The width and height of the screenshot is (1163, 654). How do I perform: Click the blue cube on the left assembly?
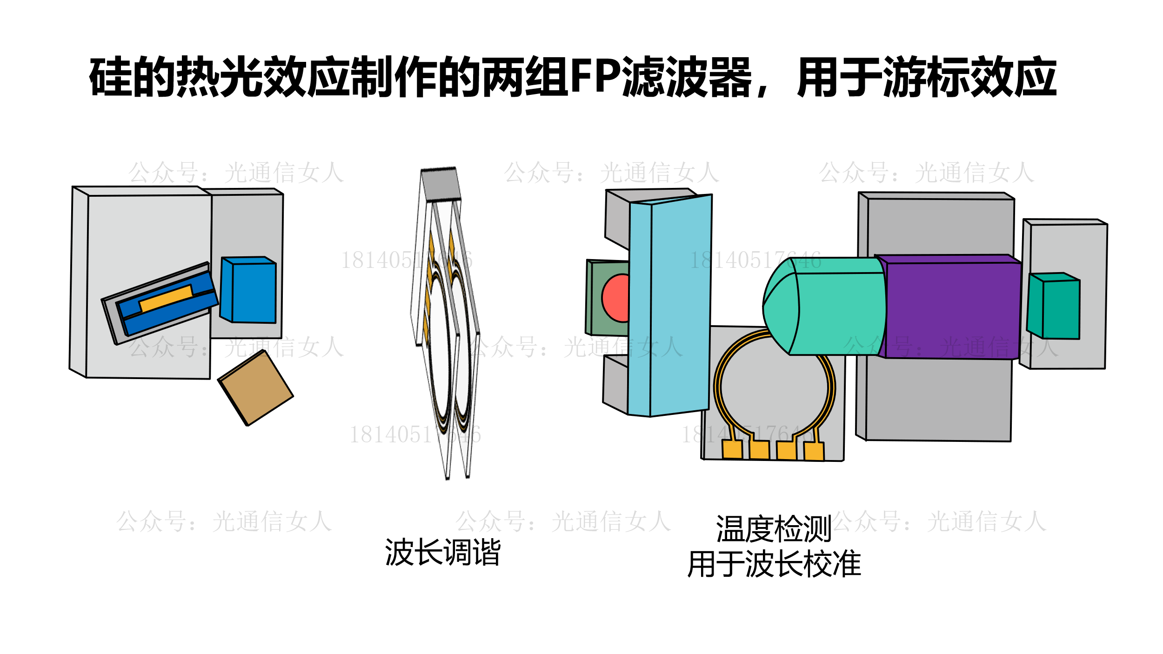point(254,292)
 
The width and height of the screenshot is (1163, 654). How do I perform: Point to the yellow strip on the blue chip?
point(166,298)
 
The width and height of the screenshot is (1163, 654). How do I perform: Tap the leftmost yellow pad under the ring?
point(732,449)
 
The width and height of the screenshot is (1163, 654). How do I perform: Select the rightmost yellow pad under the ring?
point(814,451)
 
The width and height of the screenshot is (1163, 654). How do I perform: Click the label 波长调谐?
point(443,552)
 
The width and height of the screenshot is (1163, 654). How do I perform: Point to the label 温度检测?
point(774,529)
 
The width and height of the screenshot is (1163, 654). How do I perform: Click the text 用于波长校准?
point(774,564)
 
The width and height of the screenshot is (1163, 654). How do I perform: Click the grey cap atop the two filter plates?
point(441,184)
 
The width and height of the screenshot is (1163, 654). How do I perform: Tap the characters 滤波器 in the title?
point(686,77)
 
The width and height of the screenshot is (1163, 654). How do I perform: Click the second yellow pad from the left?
point(759,450)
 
